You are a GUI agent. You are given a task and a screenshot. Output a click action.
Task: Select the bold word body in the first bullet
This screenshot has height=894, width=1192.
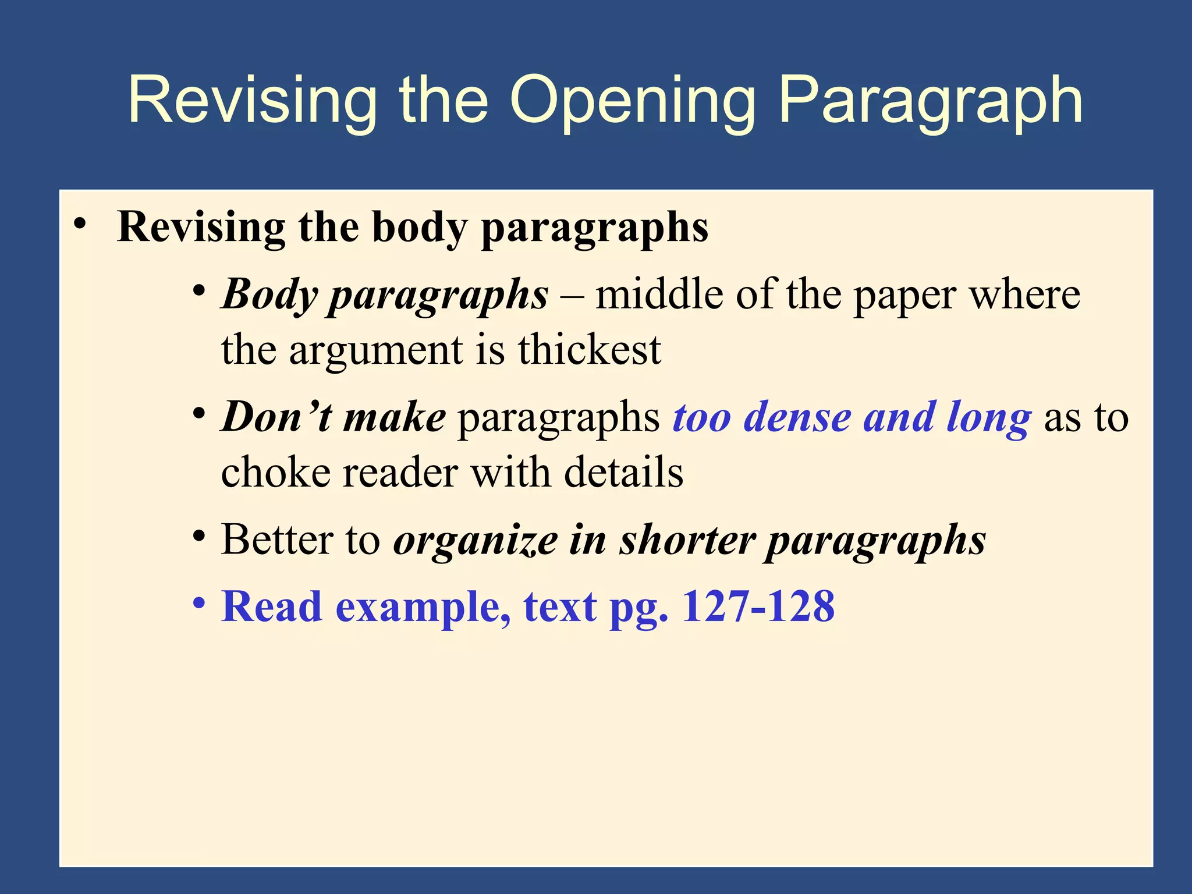click(x=419, y=228)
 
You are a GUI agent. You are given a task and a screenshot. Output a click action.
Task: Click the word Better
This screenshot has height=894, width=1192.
click(x=277, y=540)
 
